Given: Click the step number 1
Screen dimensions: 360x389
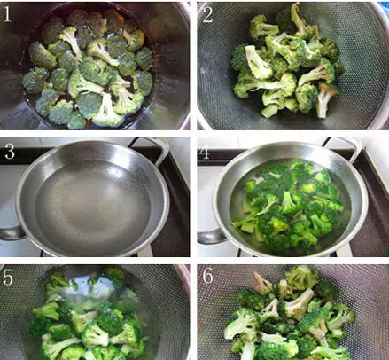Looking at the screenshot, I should (x=11, y=13).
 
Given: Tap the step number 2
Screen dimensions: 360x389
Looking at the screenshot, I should (x=208, y=13).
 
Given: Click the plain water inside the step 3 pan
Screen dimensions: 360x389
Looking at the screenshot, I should (x=89, y=200).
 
